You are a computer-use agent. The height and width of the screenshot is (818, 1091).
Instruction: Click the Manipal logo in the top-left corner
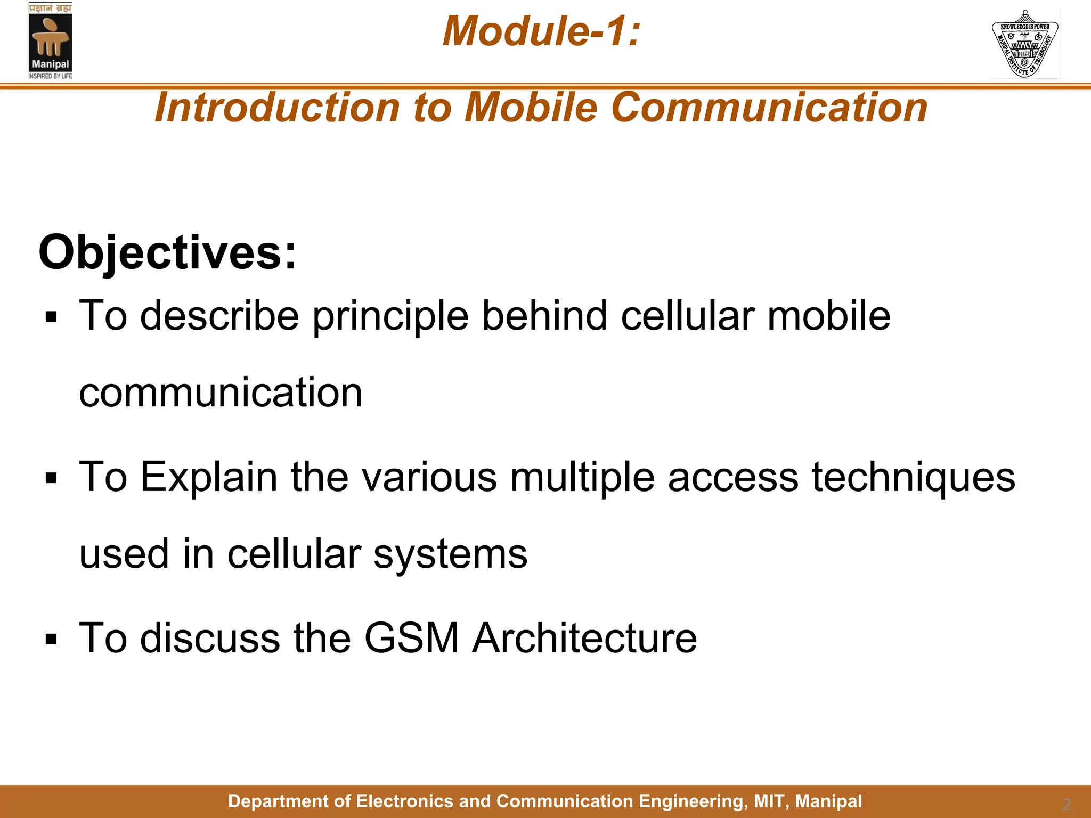(50, 41)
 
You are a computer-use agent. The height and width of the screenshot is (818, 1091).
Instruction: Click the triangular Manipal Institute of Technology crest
(1025, 44)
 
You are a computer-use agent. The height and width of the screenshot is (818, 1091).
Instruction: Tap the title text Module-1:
(541, 31)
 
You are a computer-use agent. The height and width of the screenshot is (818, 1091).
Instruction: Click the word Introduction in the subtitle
(277, 108)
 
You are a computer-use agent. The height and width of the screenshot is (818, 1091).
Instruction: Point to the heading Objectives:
(167, 252)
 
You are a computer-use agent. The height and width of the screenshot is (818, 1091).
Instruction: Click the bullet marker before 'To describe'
(51, 318)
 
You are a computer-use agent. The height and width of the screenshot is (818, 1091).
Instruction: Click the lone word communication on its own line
(221, 392)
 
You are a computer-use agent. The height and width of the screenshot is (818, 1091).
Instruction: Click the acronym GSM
(411, 638)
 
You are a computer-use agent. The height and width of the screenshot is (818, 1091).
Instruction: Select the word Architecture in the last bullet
(584, 638)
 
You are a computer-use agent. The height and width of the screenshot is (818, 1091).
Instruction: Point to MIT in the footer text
(768, 801)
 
